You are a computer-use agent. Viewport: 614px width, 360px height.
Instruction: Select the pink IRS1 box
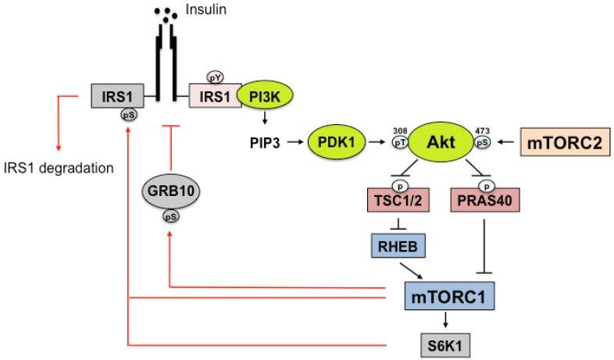pos(215,96)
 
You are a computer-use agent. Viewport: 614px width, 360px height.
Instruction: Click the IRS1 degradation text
pos(59,166)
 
